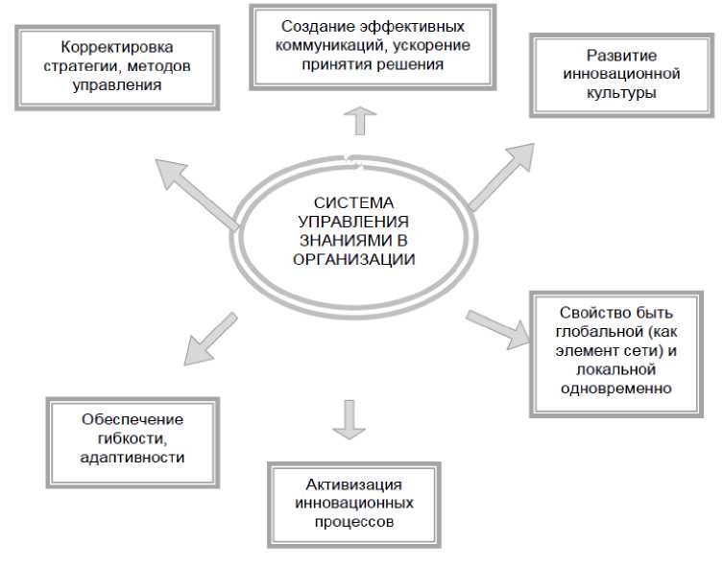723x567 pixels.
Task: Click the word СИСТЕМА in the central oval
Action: coord(353,202)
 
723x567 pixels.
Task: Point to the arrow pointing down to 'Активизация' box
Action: coord(348,418)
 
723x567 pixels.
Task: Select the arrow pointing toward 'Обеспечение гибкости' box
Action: coord(210,337)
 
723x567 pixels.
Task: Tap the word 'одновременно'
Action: coord(620,389)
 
